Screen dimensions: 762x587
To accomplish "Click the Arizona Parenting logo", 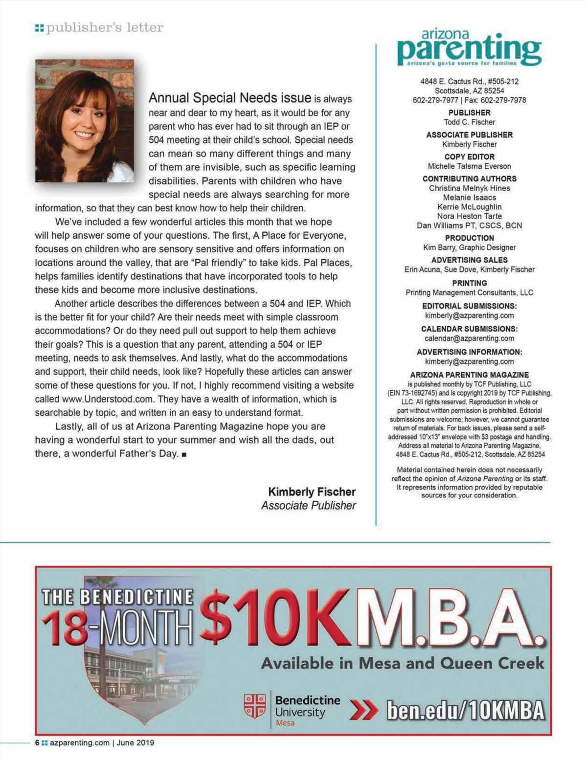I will [469, 48].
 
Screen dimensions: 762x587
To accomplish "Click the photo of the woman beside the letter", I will [85, 120].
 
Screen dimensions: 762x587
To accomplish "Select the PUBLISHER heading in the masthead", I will [469, 112].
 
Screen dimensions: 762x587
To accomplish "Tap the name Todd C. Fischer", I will [469, 122].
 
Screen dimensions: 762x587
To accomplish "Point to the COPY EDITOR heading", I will [469, 157].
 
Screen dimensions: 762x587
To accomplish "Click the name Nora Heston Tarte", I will [469, 216].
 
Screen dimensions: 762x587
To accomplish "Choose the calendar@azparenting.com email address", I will [469, 338].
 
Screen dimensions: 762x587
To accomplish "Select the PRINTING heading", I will [469, 283].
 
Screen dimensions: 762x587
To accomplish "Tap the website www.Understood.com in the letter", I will [108, 399].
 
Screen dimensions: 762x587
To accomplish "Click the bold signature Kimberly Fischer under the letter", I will [312, 492].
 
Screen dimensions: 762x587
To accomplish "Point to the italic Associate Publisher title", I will [308, 506].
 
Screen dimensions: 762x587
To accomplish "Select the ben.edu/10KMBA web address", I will [465, 710].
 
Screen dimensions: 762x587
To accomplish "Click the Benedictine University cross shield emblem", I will [254, 706].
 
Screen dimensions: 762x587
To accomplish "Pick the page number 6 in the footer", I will [37, 742].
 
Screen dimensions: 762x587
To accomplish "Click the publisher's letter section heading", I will [104, 28].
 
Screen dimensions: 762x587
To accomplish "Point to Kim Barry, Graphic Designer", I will [469, 247].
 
